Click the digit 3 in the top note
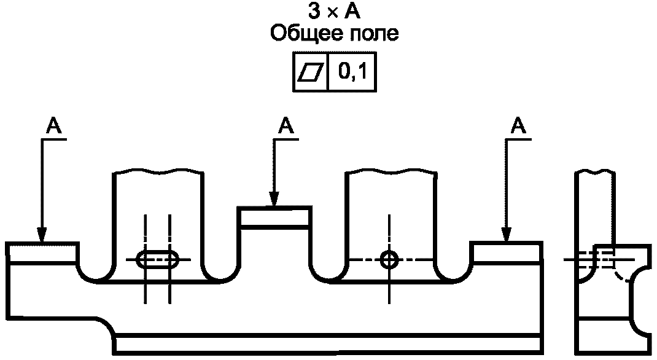pyautogui.click(x=314, y=12)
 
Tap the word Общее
pyautogui.click(x=301, y=34)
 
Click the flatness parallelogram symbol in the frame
pyautogui.click(x=311, y=72)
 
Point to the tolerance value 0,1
pyautogui.click(x=353, y=72)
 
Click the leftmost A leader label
pyautogui.click(x=53, y=125)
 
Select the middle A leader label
pyautogui.click(x=286, y=125)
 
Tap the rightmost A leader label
pyautogui.click(x=519, y=125)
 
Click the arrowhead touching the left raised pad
pyautogui.click(x=42, y=235)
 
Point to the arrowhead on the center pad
pyautogui.click(x=274, y=198)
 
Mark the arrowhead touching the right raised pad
pyautogui.click(x=507, y=235)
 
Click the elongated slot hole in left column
pyautogui.click(x=158, y=259)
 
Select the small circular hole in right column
pyautogui.click(x=390, y=259)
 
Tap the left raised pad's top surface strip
pyautogui.click(x=42, y=252)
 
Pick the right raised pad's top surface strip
pyautogui.click(x=506, y=252)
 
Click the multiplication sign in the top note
pyautogui.click(x=332, y=13)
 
